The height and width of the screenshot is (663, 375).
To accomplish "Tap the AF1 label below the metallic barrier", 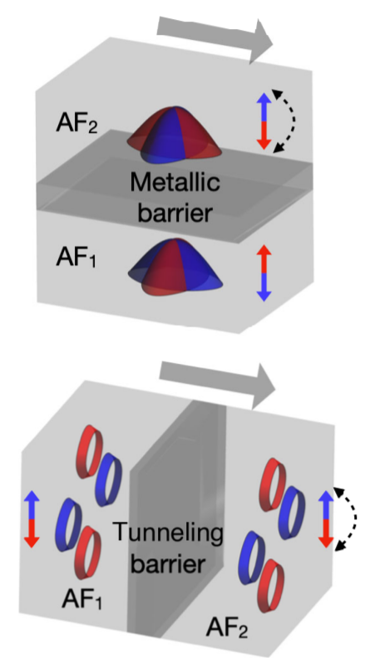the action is point(76,258).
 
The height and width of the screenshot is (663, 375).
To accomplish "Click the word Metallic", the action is point(175,183).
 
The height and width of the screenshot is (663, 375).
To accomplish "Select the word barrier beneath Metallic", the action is point(175,214).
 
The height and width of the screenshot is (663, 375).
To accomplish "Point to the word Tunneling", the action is point(167,533).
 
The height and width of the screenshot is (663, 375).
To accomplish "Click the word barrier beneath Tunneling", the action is point(168,564).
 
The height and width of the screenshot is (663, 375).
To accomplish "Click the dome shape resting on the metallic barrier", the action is point(174,135).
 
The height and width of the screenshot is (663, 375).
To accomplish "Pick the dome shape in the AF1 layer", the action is point(175,267).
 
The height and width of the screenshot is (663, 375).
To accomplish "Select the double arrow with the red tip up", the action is point(264,273).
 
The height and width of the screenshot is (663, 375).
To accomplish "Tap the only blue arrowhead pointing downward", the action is point(264,294).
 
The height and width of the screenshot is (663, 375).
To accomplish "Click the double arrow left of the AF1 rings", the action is point(32,519).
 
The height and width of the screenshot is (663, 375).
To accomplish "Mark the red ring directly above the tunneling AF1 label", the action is point(89,552).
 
